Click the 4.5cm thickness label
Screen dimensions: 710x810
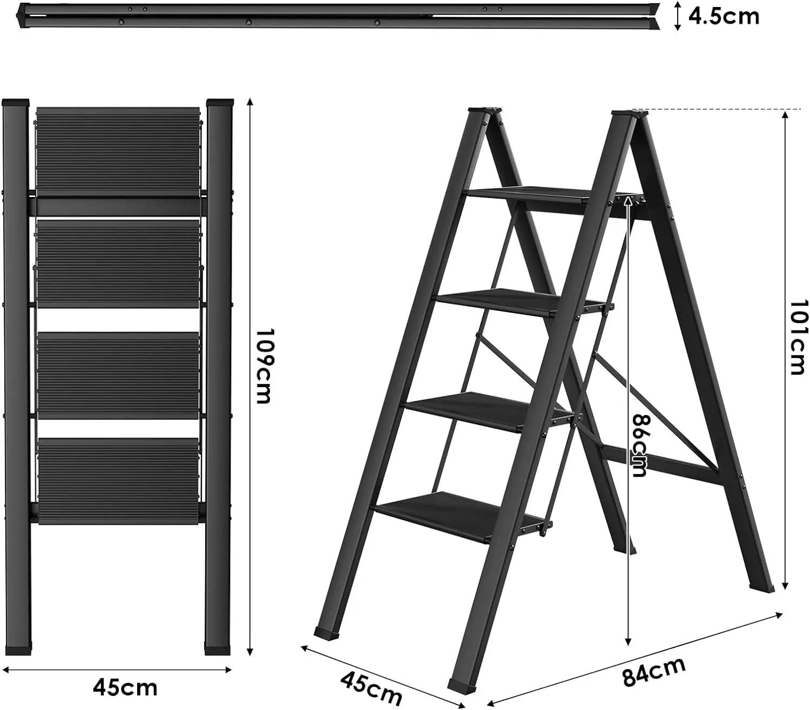point(724,16)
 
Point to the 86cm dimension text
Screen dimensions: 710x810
point(640,445)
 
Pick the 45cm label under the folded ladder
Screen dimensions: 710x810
point(125,687)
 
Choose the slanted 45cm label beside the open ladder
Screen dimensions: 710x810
point(372,686)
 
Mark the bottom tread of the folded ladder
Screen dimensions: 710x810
point(118,481)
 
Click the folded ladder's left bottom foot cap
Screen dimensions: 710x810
point(17,648)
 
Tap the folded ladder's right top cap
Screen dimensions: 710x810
point(220,102)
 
